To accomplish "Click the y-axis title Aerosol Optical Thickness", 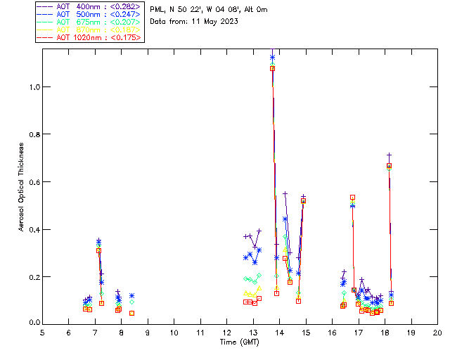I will (x=21, y=188).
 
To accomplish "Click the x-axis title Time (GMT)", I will (x=240, y=342).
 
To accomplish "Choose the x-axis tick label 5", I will (x=42, y=333).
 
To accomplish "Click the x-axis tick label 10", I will (x=174, y=333).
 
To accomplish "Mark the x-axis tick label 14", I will (x=279, y=333).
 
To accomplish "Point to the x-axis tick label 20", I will (x=437, y=333).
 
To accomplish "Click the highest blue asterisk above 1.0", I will (x=272, y=57).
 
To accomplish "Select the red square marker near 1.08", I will (x=272, y=68).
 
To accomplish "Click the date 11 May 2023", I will (x=215, y=21).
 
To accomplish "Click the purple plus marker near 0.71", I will (x=389, y=155).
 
